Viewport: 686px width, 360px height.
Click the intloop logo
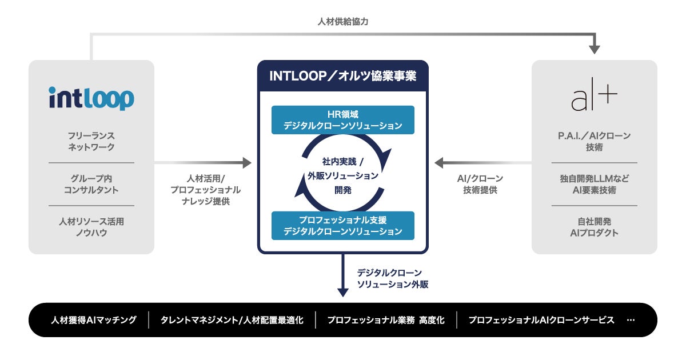(x=91, y=98)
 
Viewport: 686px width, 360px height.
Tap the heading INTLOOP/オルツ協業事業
(x=343, y=76)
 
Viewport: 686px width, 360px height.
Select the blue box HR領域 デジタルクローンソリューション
(x=343, y=120)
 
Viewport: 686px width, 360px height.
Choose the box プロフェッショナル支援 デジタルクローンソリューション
(x=343, y=226)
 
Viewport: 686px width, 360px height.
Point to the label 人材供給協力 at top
(x=343, y=22)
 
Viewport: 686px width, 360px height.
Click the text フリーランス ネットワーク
(x=91, y=142)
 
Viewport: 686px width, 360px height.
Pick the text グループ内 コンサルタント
(x=91, y=184)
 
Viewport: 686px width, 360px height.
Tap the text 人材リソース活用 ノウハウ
(x=91, y=227)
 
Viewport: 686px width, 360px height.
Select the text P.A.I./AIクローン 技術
(x=595, y=142)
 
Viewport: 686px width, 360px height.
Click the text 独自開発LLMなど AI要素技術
(x=595, y=184)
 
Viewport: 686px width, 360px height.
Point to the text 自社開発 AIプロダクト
(x=595, y=227)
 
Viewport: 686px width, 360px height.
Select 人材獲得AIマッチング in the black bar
(x=94, y=320)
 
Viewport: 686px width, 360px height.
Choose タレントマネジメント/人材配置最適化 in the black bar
(x=232, y=320)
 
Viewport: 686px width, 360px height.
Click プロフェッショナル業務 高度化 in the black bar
(x=386, y=320)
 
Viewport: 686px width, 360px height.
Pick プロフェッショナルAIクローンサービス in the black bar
(x=541, y=320)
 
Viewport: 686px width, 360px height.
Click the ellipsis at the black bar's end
(x=631, y=320)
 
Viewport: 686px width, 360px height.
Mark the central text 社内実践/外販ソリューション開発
(x=343, y=175)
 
